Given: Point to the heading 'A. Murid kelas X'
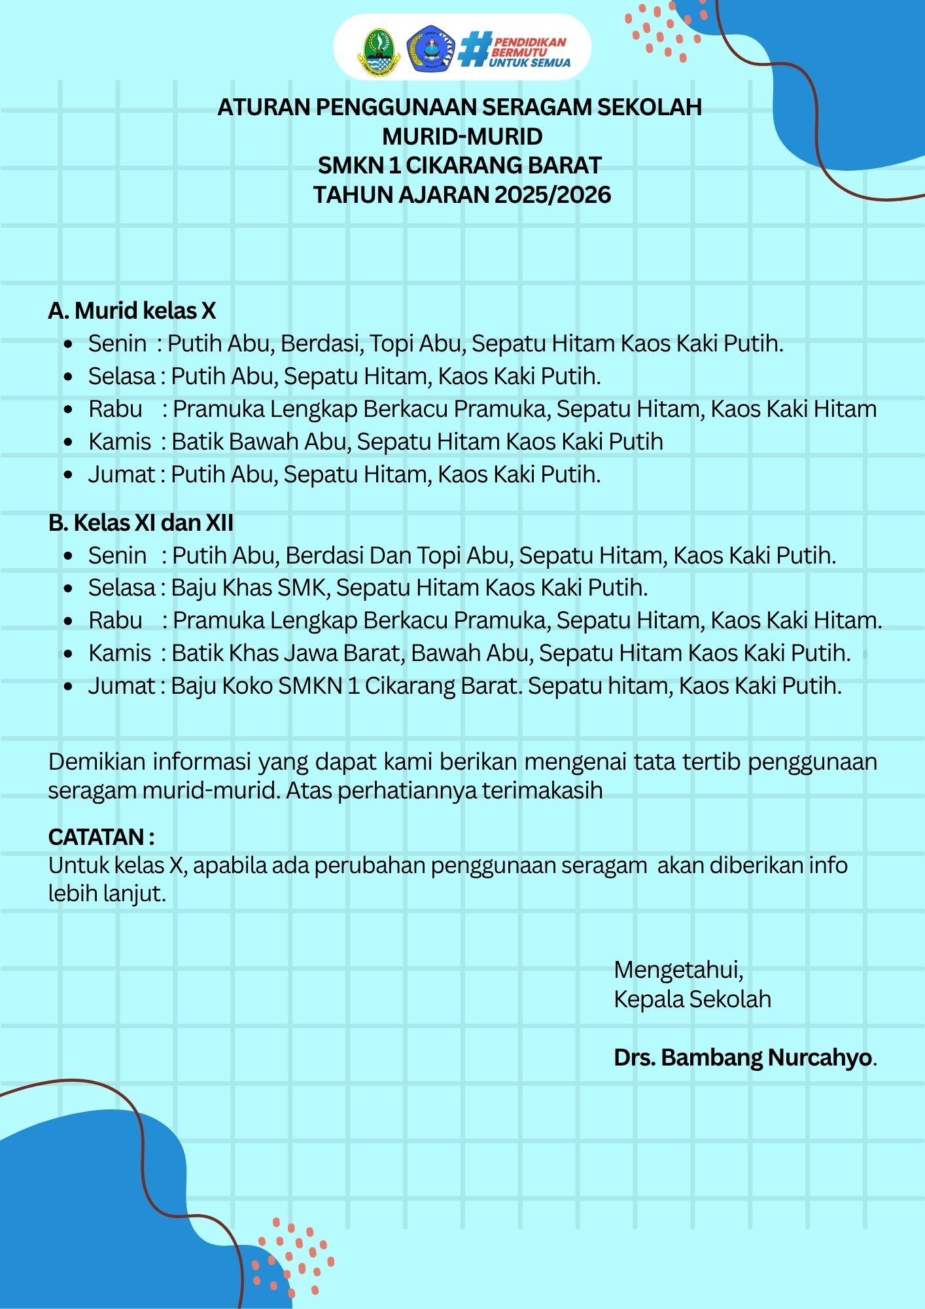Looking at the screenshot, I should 131,310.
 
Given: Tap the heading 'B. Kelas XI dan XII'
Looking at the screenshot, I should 141,522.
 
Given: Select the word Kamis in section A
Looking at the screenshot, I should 120,441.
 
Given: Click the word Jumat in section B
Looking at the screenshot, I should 122,685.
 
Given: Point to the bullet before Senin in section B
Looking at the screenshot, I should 68,556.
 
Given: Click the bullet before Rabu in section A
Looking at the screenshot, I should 68,409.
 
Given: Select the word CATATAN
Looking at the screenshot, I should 96,836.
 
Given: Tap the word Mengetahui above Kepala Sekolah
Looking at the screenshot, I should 678,969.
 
